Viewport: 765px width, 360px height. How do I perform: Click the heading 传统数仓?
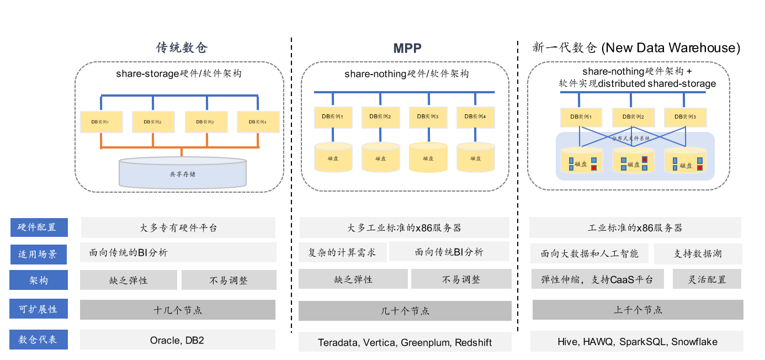click(182, 47)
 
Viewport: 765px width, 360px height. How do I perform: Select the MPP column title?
click(407, 48)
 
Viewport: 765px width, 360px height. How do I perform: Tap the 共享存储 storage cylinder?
click(182, 173)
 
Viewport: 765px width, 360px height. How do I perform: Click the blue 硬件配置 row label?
click(39, 227)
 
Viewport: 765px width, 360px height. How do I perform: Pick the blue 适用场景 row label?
click(39, 254)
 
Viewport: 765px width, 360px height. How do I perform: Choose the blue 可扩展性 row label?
click(39, 309)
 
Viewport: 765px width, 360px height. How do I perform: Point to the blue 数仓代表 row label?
click(39, 339)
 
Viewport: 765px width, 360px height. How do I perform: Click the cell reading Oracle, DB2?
click(177, 340)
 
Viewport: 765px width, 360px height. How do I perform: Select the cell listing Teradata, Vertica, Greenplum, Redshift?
click(405, 342)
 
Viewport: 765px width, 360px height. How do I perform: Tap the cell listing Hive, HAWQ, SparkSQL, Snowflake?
click(637, 342)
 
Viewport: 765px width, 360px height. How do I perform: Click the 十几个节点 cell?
click(177, 310)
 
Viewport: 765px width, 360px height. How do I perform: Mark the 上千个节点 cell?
click(637, 310)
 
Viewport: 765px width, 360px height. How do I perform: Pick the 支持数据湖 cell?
click(698, 254)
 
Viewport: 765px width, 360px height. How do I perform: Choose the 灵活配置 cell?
click(707, 279)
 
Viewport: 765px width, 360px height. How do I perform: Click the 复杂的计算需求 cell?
click(342, 252)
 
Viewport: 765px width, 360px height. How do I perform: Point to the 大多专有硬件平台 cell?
click(178, 227)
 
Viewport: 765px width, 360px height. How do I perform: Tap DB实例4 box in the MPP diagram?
click(475, 117)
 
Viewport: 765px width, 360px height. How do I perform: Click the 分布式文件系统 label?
click(631, 137)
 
